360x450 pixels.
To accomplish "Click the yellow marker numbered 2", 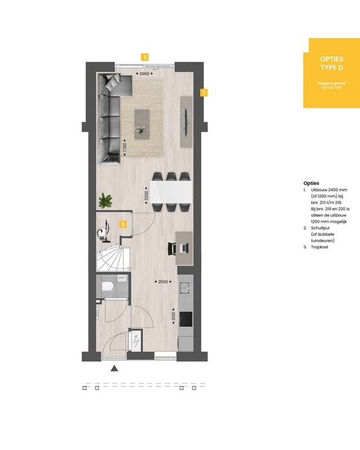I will (144, 57).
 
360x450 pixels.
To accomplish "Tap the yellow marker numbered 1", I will (203, 92).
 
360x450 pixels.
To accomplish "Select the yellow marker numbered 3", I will (123, 224).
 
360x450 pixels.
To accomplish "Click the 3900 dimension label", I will (144, 74).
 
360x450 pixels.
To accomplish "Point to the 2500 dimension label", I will (163, 282).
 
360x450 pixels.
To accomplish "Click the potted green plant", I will (106, 201).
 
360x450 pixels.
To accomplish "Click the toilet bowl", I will (107, 287).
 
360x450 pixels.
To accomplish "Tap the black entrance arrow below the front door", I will (114, 368).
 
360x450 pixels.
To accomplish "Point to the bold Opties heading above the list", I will (311, 183).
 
